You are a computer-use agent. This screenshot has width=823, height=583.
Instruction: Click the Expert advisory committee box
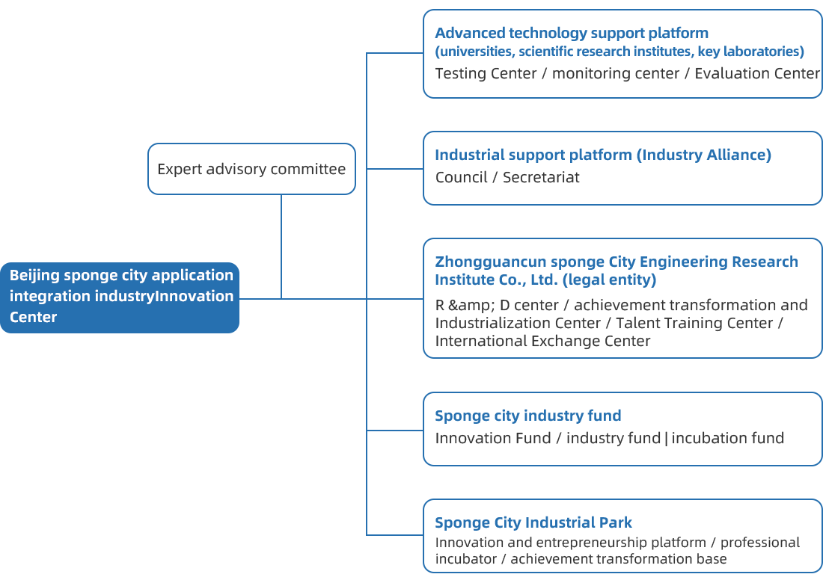pos(251,169)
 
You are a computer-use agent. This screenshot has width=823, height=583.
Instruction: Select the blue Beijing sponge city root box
pos(120,297)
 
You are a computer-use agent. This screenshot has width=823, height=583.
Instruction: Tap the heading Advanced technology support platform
pos(572,33)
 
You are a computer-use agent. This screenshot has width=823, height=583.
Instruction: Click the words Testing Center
pos(486,73)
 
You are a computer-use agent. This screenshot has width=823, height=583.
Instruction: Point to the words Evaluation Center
pos(757,73)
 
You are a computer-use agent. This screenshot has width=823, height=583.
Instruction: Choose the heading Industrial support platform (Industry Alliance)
pos(603,155)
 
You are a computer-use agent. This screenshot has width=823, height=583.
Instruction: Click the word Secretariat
pos(541,177)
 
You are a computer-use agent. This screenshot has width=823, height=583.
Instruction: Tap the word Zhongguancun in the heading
pos(491,262)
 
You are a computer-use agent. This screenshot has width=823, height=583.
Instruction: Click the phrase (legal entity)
pos(609,280)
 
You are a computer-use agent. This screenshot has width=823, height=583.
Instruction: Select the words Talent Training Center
pos(694,323)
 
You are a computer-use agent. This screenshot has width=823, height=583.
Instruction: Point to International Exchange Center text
pos(542,341)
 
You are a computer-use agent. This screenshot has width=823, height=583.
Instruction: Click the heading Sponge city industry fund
pos(528,416)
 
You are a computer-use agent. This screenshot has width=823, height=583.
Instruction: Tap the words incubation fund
pos(728,438)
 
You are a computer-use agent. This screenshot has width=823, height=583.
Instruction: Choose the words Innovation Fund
pos(493,438)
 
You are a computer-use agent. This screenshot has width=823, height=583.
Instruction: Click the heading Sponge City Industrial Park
pos(533,522)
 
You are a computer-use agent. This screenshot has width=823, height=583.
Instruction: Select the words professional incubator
pos(617,551)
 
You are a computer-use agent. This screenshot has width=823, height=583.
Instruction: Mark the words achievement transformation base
pos(619,559)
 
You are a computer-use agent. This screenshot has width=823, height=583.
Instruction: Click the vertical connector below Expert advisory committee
pos(281,247)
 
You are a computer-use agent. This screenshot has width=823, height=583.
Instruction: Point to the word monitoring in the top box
pos(587,74)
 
